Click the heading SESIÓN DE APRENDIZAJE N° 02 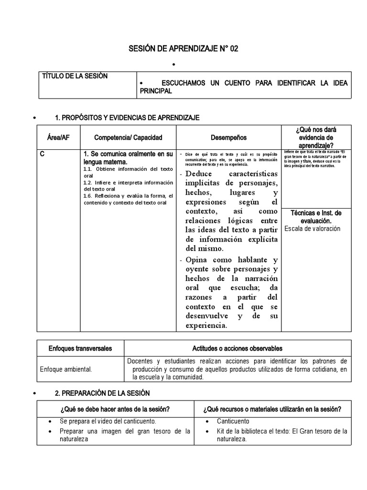click(x=183, y=49)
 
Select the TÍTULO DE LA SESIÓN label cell click(x=75, y=76)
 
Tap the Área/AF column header click(x=58, y=138)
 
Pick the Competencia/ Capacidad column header click(x=128, y=138)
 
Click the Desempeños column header click(x=228, y=138)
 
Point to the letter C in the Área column click(x=43, y=154)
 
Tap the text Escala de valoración click(x=312, y=229)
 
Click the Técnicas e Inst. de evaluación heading click(x=316, y=217)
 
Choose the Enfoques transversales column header click(x=80, y=348)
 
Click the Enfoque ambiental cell click(x=65, y=369)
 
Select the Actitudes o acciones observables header click(x=237, y=348)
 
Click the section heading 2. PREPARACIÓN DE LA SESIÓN click(x=102, y=393)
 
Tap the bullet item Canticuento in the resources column click(x=233, y=422)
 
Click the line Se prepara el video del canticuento click(x=108, y=422)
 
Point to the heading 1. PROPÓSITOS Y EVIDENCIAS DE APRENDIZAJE click(x=127, y=118)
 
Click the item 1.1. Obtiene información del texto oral click(x=128, y=172)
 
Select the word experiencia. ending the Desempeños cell click(x=206, y=326)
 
